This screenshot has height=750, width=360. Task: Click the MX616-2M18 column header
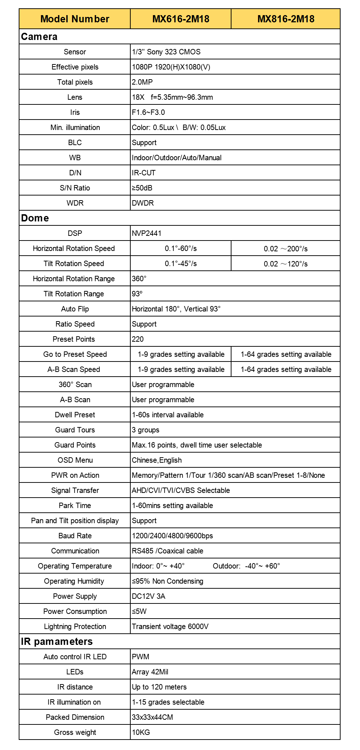181,19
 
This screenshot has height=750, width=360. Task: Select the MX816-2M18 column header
286,19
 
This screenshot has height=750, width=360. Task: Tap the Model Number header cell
75,19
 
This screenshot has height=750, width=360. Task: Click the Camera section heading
39,37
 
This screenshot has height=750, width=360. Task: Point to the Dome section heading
35,218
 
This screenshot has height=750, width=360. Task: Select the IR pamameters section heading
57,642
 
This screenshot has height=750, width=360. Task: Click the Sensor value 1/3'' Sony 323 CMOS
166,52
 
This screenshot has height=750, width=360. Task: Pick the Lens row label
75,97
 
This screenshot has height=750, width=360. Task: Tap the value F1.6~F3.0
148,112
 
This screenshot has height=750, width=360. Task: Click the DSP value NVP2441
147,233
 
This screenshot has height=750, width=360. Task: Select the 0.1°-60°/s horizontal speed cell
181,248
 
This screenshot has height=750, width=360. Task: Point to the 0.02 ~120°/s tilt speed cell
285,264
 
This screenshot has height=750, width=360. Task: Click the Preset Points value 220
138,339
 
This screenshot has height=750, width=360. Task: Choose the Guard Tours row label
75,430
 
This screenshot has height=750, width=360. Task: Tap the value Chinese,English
157,460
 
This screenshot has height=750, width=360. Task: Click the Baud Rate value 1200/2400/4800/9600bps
172,536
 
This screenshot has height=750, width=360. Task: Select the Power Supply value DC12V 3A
149,596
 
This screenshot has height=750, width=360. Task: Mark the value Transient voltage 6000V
170,627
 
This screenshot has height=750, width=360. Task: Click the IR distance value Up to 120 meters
159,687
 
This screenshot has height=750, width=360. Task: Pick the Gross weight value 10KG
141,732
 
